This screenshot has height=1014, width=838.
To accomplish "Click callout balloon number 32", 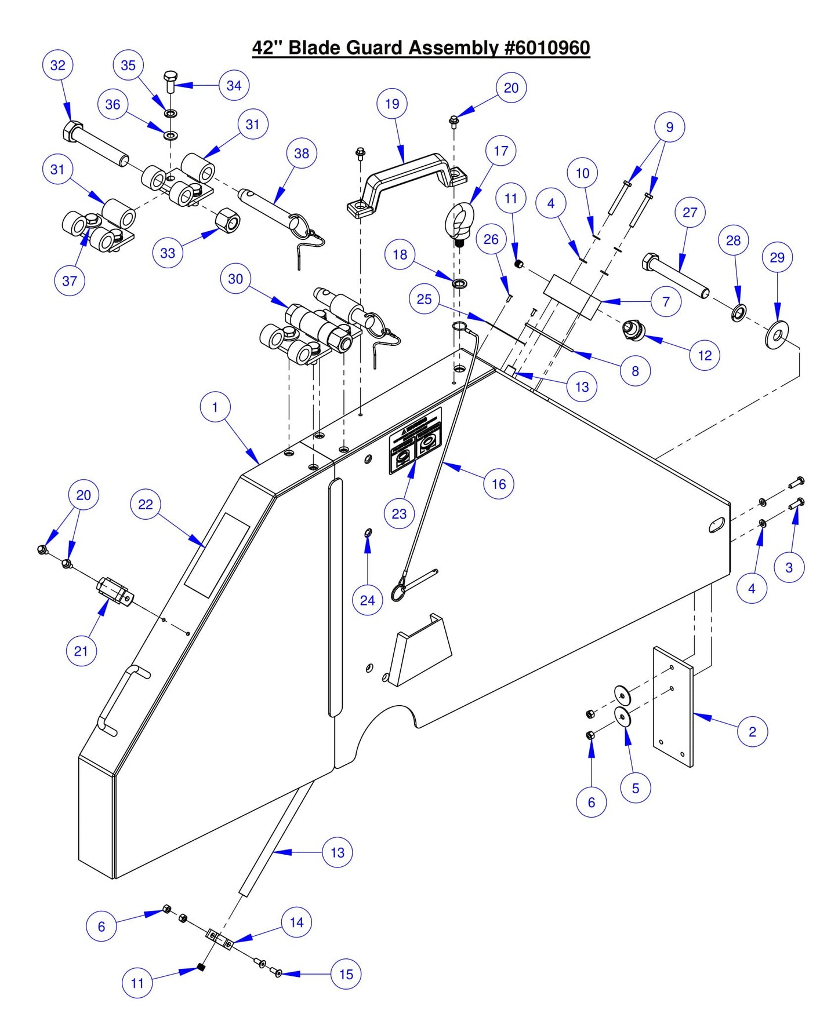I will point(58,65).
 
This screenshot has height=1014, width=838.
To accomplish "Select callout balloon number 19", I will point(392,104).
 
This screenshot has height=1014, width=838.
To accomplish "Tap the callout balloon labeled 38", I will point(302,154).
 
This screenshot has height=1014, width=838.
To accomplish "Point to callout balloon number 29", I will point(777,257).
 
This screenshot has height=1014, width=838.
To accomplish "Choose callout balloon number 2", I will point(752,731).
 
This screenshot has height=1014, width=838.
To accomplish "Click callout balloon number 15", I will point(346,974).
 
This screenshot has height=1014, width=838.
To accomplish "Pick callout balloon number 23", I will point(399,514).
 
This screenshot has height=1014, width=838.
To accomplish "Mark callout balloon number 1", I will point(215,407).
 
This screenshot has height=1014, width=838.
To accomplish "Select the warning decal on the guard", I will point(415,440).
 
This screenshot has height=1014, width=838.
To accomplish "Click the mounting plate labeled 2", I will point(673,707).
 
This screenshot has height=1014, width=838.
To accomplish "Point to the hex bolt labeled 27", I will point(676,275).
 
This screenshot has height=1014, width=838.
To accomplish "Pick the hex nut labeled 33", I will point(228,220).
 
